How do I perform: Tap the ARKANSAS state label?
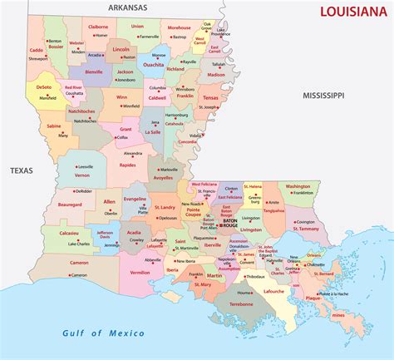tap(121, 7)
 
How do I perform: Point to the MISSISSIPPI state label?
tap(323, 96)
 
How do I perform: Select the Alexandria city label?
tap(133, 154)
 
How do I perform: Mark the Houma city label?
tap(244, 293)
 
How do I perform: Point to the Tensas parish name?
tap(210, 97)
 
